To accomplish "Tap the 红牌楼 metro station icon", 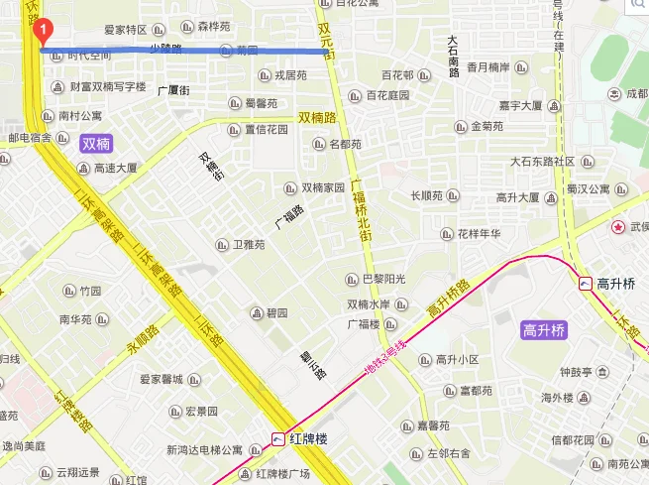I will point(280,438).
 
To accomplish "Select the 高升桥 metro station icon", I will point(585,284).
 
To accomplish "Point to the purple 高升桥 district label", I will point(544,330).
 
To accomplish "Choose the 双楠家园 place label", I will point(323,187).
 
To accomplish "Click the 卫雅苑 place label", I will point(250,243).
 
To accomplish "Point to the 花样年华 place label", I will point(479,234).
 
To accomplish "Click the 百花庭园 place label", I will point(387,95).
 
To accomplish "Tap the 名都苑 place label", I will point(345,144).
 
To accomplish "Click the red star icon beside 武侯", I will point(619,227).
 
